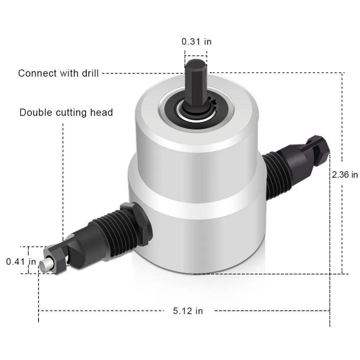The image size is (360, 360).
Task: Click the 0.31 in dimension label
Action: pos(196,42)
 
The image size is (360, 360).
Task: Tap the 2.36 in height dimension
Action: pos(345,175)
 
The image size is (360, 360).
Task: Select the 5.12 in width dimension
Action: pos(188,310)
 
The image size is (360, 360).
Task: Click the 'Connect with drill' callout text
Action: pos(58,73)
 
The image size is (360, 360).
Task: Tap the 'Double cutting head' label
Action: pos(66,113)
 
